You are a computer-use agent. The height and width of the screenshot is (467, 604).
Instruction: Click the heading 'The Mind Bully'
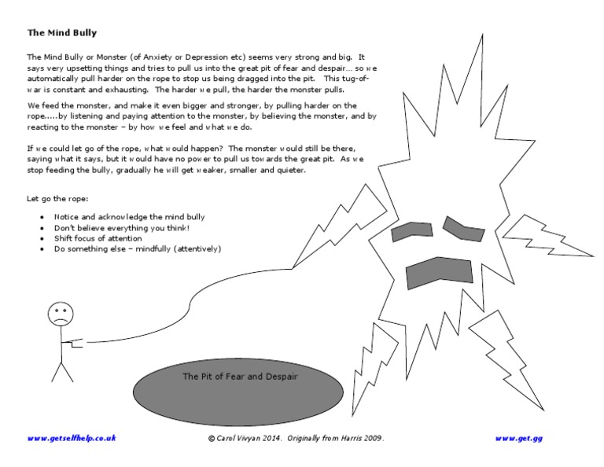62,33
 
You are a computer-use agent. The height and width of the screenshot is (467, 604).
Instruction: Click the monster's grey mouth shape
441,272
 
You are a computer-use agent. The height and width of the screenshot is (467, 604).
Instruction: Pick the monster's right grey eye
464,228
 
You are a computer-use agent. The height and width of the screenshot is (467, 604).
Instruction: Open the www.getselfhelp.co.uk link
72,438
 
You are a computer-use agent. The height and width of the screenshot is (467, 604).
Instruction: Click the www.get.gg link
518,438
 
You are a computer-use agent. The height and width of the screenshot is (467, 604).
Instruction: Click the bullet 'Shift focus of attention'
98,238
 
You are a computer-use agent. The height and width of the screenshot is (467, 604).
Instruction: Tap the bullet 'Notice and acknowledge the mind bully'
129,216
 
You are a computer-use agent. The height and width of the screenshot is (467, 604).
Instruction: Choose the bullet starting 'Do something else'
138,249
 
